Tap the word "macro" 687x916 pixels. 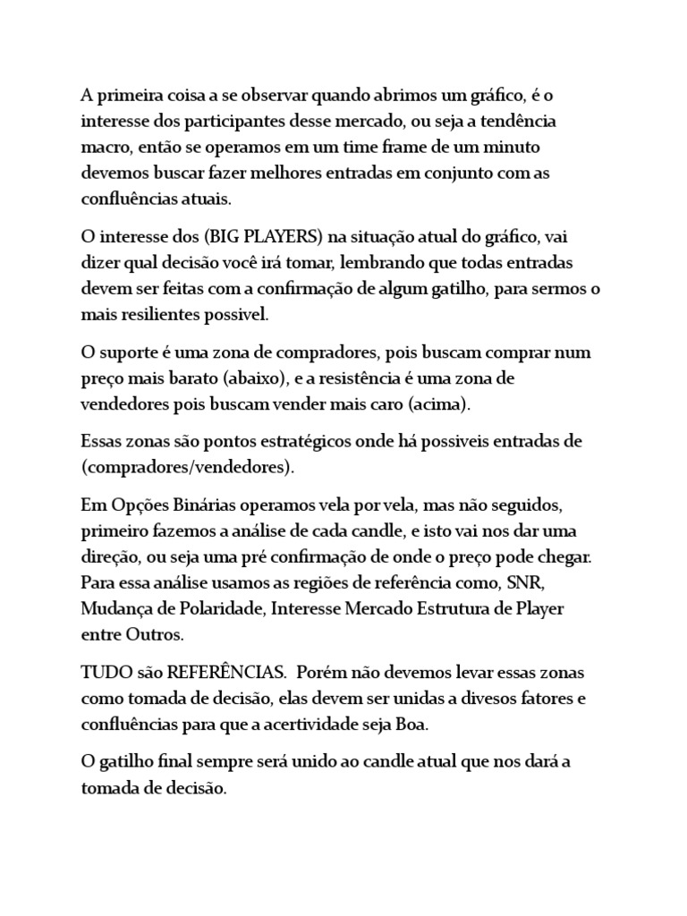tap(104, 146)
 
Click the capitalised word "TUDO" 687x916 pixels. tap(106, 672)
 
